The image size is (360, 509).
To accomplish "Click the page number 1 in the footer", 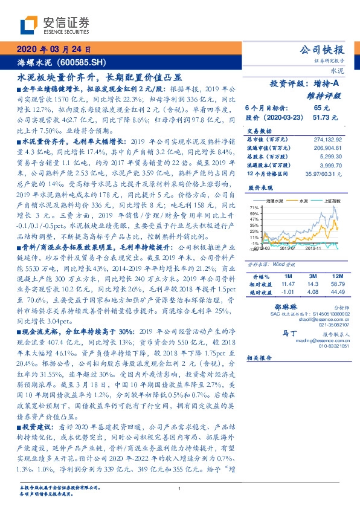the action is pos(180,488).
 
